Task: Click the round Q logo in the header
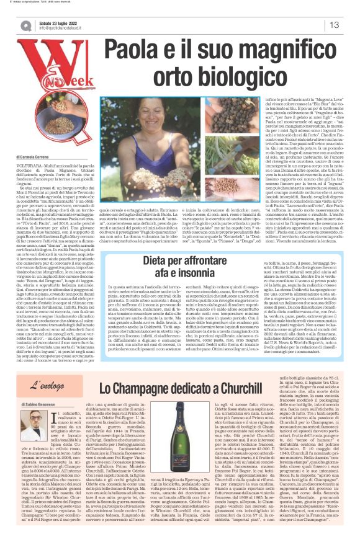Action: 27,25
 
